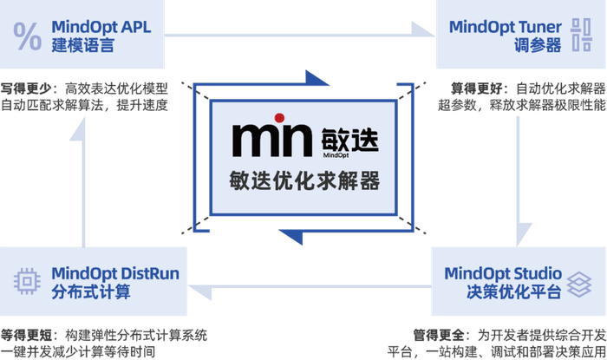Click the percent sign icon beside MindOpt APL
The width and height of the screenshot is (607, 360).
click(28, 36)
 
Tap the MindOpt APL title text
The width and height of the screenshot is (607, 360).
click(101, 27)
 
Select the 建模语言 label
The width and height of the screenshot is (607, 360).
click(82, 46)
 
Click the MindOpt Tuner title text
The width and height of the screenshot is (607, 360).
click(506, 27)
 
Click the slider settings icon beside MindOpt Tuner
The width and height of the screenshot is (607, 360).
click(579, 36)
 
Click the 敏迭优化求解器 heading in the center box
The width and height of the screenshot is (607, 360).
click(303, 180)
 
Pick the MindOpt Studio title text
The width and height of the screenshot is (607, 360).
click(503, 272)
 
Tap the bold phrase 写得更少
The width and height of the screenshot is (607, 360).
click(27, 88)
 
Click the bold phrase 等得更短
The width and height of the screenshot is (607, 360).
click(27, 334)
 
